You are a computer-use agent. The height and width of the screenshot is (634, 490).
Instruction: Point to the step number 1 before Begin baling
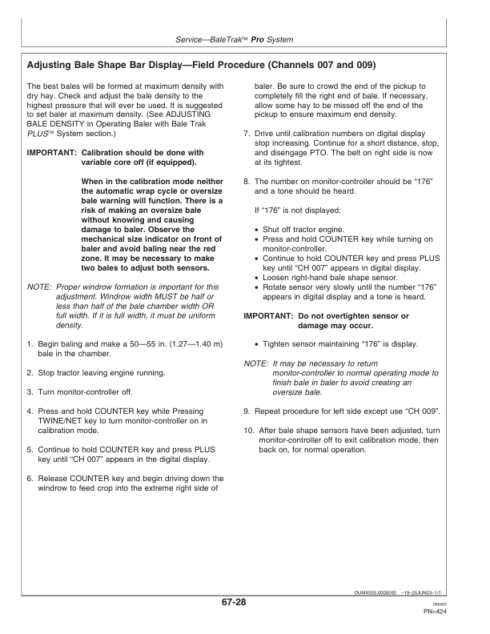30,343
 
